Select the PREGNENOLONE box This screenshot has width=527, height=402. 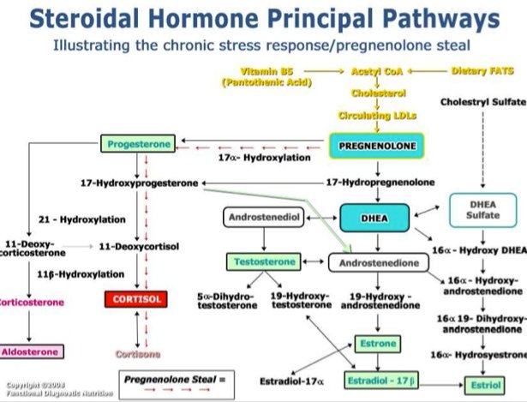tap(377, 147)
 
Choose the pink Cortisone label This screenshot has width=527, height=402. tap(137, 353)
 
